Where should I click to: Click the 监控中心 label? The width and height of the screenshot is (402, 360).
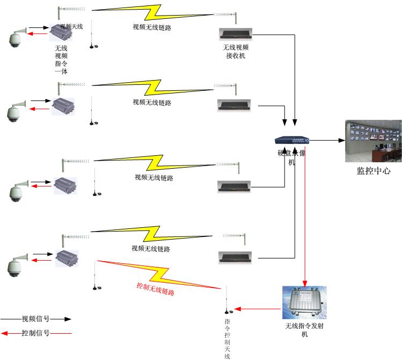(374, 171)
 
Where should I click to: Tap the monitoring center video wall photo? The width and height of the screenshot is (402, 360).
(373, 141)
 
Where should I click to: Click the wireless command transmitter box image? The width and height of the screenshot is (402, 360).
(304, 303)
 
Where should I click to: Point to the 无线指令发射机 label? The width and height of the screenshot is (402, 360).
(304, 330)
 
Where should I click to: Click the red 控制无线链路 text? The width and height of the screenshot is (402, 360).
(156, 289)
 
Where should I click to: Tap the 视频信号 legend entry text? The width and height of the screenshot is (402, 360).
(35, 318)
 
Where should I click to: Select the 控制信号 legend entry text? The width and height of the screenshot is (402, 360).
(35, 333)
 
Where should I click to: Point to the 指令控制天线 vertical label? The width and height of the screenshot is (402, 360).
(227, 338)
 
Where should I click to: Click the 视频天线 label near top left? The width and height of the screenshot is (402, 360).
(71, 26)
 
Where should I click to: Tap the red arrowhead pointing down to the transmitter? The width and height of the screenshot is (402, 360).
(305, 283)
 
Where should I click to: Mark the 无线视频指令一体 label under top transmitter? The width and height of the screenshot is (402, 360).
(61, 60)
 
